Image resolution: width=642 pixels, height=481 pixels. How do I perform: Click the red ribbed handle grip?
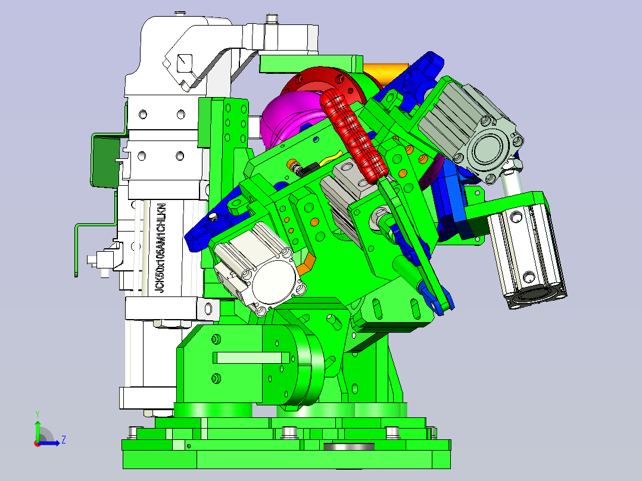354,136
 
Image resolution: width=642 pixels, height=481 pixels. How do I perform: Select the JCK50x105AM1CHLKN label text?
161,248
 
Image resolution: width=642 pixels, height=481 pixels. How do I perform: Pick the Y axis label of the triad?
38,414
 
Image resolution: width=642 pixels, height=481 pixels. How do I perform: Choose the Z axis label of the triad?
64,440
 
